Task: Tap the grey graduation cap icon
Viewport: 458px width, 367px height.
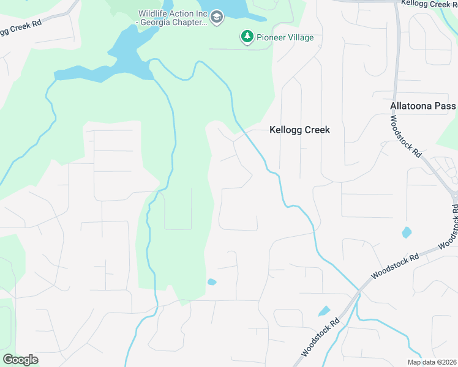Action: click(x=216, y=18)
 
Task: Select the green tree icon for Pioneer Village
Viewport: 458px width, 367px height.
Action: click(x=247, y=37)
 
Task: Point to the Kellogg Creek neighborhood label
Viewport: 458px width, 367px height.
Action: click(x=300, y=130)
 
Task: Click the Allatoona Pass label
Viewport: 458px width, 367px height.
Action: click(x=423, y=106)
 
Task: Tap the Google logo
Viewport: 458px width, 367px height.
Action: click(x=20, y=360)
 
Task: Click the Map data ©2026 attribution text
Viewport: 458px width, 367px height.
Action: click(x=432, y=362)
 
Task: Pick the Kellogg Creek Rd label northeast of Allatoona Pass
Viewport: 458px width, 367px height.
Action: click(x=429, y=4)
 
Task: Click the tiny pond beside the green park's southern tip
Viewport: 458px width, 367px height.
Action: click(x=212, y=282)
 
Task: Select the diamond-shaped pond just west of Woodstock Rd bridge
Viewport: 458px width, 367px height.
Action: click(x=325, y=311)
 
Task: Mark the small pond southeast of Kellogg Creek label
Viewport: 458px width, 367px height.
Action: click(x=407, y=232)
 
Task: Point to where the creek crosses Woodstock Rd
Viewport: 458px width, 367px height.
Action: click(x=359, y=292)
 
